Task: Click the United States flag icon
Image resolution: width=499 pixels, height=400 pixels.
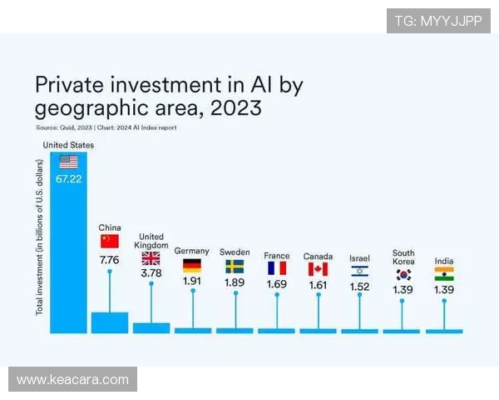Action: (68, 162)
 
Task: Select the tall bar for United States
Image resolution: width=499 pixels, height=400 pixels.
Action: (68, 250)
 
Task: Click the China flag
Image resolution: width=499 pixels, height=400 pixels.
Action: (110, 241)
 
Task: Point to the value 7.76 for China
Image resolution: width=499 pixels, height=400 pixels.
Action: (110, 260)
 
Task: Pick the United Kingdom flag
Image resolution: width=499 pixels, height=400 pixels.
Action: (151, 258)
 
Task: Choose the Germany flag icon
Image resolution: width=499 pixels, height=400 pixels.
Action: (192, 266)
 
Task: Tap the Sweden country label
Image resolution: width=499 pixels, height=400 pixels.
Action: (235, 252)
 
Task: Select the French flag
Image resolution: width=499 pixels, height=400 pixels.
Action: (276, 267)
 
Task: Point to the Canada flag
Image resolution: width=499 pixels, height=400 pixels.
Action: (318, 268)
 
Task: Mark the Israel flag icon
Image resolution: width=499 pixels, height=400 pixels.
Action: (359, 270)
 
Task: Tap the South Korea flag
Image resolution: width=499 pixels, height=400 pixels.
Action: (403, 273)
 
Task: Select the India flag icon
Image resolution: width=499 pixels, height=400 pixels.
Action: (444, 273)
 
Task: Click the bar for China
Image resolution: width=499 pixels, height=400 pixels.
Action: (110, 322)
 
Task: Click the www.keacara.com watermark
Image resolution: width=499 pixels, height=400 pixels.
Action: (73, 380)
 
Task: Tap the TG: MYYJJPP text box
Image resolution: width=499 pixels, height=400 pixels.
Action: (437, 21)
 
